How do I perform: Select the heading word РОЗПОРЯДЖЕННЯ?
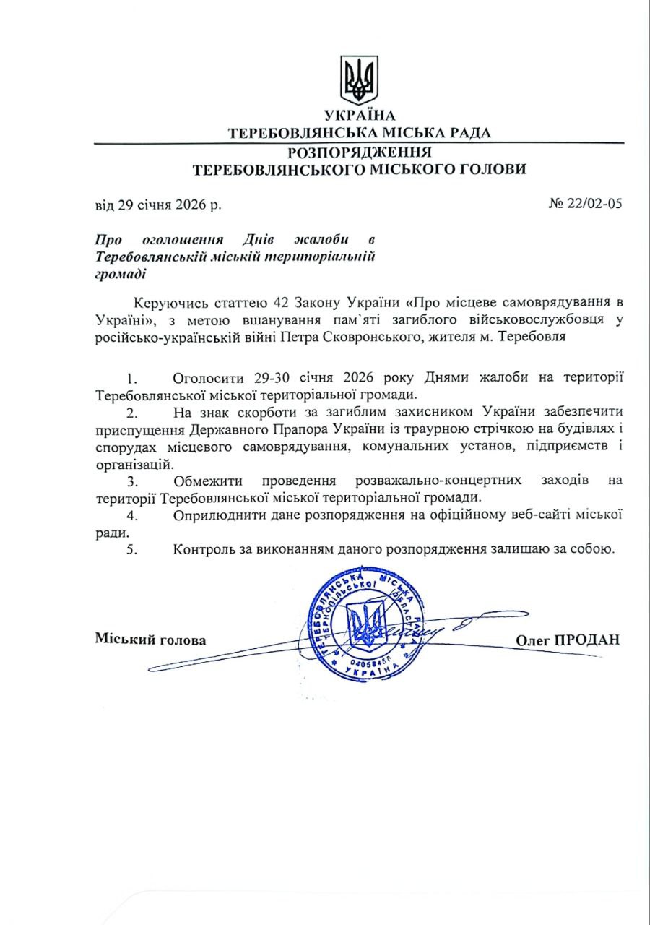pos(360,152)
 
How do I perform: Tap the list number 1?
pos(131,379)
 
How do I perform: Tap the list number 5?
pos(131,549)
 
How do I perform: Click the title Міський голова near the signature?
pos(150,640)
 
